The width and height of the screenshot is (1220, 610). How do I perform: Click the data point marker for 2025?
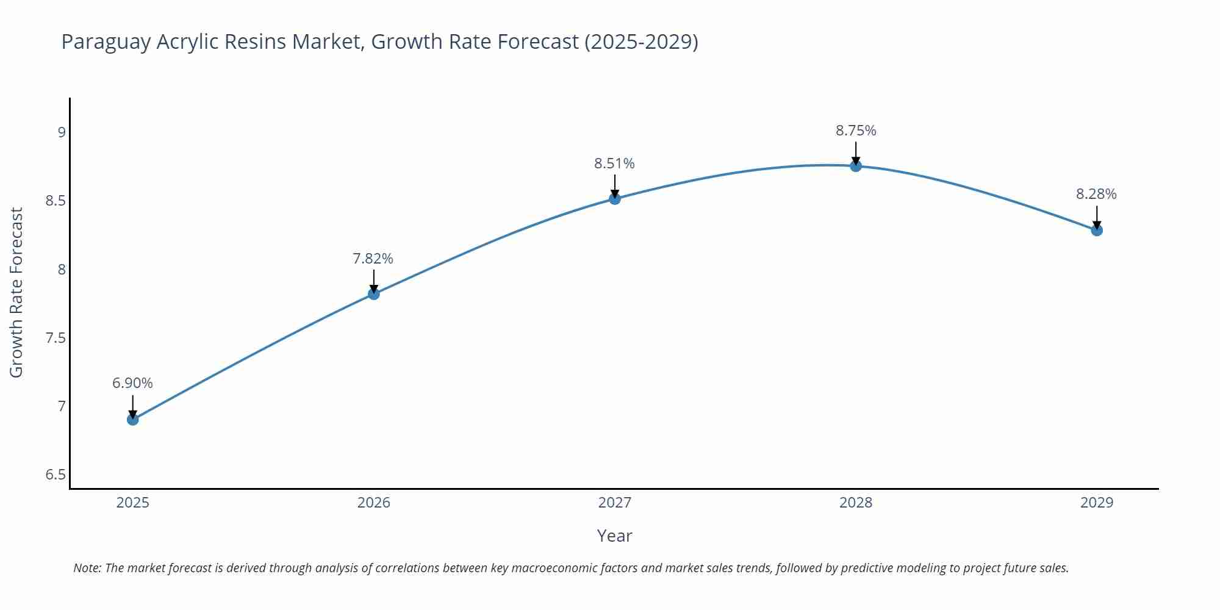tap(132, 420)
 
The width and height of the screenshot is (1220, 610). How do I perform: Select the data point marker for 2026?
tap(373, 294)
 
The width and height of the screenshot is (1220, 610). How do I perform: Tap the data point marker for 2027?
tap(614, 198)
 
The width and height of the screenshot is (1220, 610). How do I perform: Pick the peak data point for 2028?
tap(855, 166)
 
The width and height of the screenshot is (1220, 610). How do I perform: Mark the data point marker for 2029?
tap(1096, 230)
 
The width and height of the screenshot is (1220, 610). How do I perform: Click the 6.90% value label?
tap(132, 383)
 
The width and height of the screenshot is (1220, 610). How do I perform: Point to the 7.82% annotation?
tap(373, 259)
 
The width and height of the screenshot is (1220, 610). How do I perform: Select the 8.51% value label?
tap(614, 163)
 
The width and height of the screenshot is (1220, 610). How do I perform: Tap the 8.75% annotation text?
tap(855, 131)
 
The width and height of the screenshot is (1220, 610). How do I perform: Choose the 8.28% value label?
tap(1096, 194)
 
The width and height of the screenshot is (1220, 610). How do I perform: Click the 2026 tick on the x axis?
tap(373, 503)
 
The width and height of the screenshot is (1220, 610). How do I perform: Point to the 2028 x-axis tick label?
tap(855, 503)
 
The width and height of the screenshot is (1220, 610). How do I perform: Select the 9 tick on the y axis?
tap(61, 132)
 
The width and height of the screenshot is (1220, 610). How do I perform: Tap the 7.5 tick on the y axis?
tap(56, 338)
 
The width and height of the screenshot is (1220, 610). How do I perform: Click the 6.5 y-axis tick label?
tap(56, 475)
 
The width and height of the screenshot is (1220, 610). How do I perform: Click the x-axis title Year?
tap(614, 536)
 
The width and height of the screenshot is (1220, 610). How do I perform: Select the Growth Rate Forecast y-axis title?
tap(16, 293)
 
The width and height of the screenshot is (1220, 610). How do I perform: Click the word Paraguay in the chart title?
tap(106, 42)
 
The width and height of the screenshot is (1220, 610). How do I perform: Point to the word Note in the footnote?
tap(87, 568)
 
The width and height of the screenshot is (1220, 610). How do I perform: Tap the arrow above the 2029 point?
tap(1096, 217)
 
